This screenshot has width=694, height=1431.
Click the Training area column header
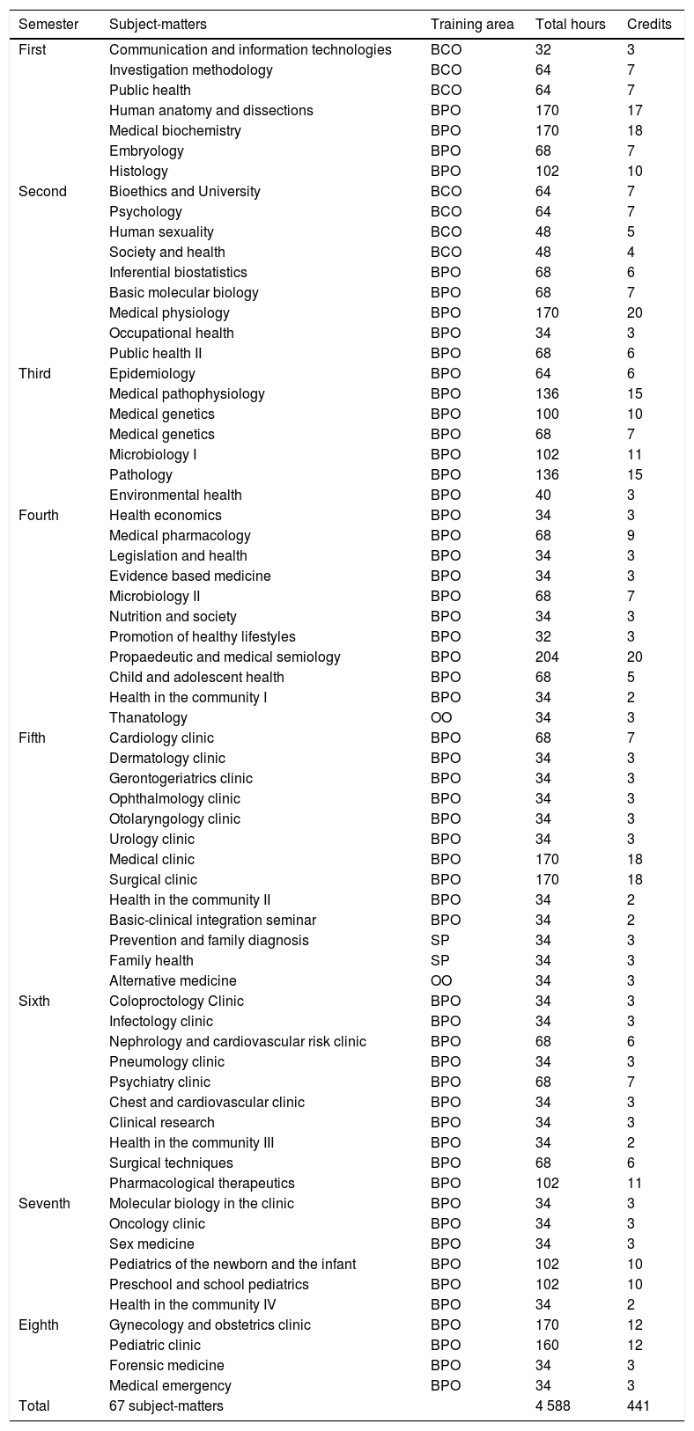click(471, 24)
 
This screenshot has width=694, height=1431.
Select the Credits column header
click(649, 24)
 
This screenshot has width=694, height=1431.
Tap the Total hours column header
click(570, 24)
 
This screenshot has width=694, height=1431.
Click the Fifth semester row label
click(36, 738)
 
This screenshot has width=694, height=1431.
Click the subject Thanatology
click(148, 717)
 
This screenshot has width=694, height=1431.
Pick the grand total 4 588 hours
click(552, 1405)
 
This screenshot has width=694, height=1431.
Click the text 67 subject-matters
click(166, 1405)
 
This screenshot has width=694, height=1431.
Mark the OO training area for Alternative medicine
click(441, 980)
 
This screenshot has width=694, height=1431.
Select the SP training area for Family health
click(439, 960)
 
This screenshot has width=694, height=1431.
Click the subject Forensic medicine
click(166, 1365)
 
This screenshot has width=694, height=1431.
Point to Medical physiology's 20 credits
click(634, 312)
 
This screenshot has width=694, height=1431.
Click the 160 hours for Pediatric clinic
click(547, 1345)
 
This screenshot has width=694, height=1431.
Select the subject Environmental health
click(175, 495)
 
